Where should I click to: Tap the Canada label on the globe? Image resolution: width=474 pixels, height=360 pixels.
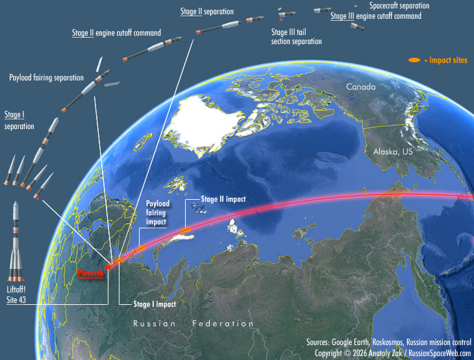click(360, 87)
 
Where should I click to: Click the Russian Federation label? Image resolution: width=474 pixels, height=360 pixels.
click(193, 323)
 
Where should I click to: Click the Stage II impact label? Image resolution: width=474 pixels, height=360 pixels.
click(223, 200)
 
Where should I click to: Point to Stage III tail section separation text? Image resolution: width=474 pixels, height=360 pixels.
click(296, 36)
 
